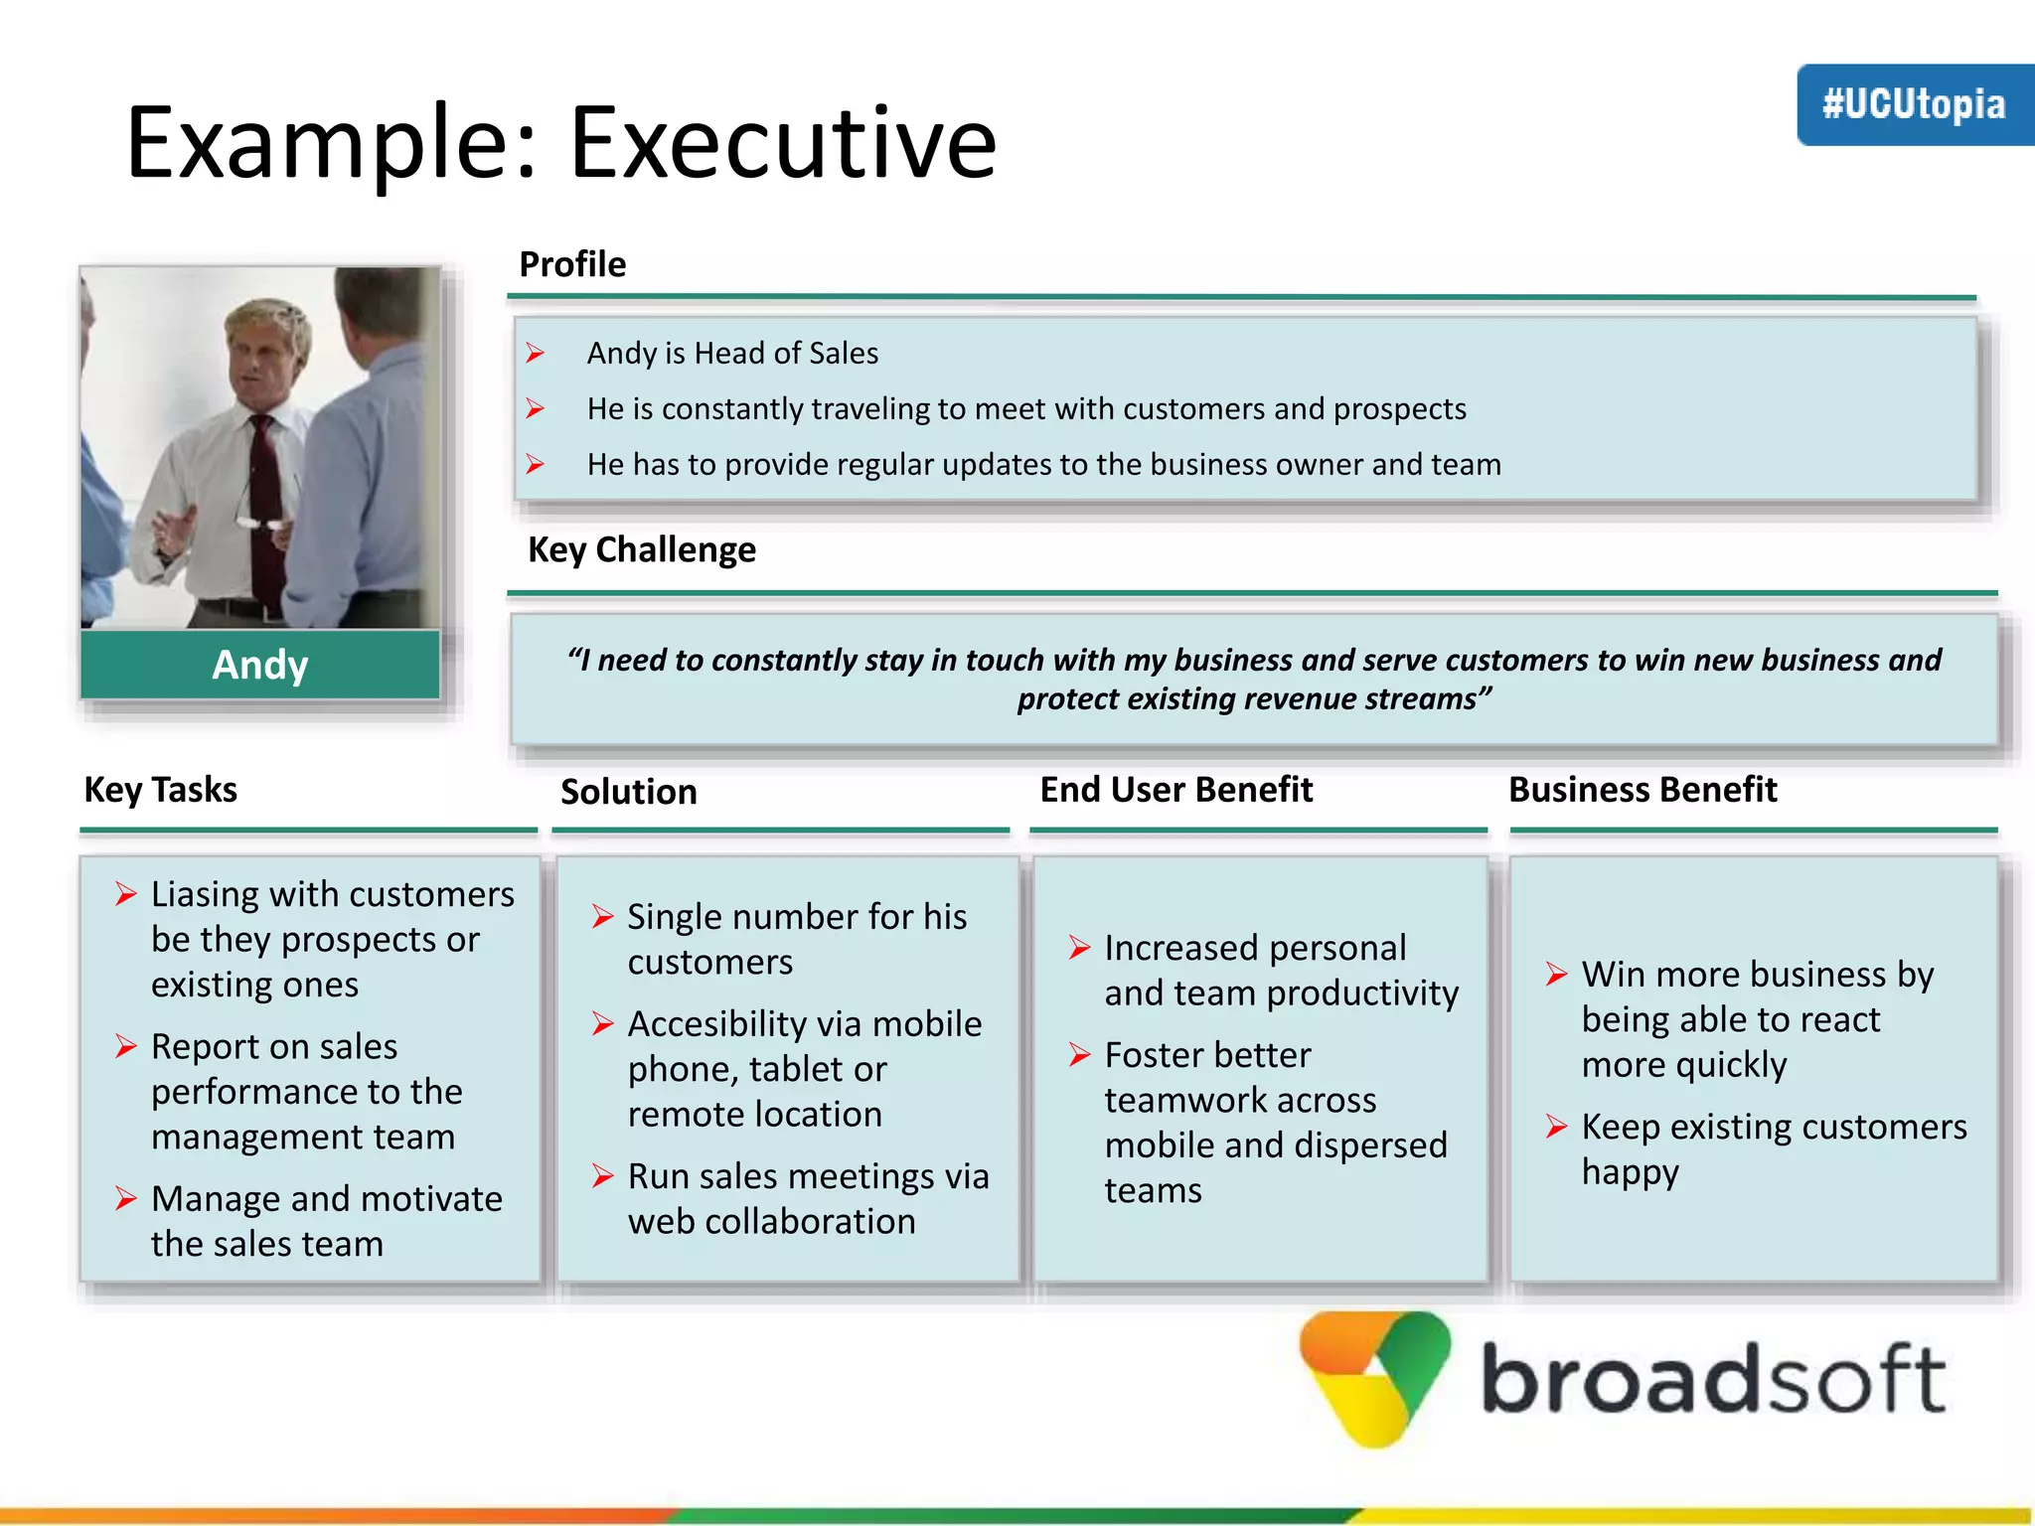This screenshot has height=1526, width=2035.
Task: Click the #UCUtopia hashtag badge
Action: point(1914,104)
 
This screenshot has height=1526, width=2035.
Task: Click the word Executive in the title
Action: point(782,144)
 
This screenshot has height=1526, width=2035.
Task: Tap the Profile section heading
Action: point(572,264)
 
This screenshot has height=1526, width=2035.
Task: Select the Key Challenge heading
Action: point(641,549)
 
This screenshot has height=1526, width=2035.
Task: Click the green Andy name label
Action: point(260,665)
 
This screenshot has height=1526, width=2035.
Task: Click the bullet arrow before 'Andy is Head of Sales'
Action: point(536,353)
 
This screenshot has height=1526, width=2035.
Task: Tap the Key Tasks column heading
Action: point(160,790)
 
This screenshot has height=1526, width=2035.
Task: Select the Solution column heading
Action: point(628,792)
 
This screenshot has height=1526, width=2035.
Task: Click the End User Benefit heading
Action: point(1175,790)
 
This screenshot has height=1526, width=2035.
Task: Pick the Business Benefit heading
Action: point(1642,790)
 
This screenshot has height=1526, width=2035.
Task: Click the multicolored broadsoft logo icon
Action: point(1376,1376)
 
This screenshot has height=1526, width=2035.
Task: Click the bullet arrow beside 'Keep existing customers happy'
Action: point(1556,1127)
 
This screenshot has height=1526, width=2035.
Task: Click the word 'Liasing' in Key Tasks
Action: point(205,894)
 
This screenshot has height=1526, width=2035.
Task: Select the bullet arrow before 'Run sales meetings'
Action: point(602,1176)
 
